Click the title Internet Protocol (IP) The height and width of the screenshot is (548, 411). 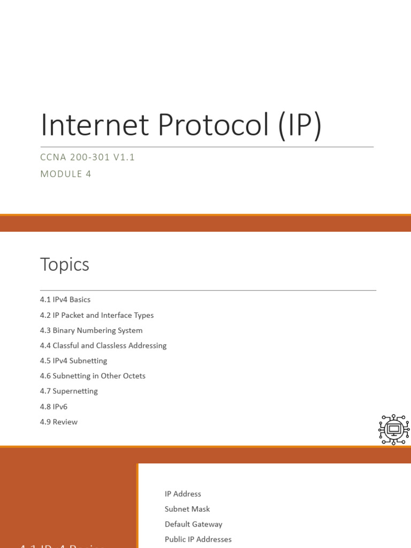coord(181,125)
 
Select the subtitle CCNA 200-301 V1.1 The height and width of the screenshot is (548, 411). coord(88,157)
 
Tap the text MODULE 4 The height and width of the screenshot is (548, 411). coord(66,174)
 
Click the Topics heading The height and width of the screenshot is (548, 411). coord(65,264)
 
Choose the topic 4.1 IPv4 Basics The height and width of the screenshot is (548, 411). coord(65,300)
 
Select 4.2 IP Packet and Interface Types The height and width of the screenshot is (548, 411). coord(97,315)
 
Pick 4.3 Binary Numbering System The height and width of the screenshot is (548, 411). coord(91,330)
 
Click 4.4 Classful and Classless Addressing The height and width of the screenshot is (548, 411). coord(103,346)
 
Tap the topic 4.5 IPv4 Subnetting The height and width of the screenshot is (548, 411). coord(73,361)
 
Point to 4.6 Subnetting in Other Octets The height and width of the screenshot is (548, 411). coord(93,376)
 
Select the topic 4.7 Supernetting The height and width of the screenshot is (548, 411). coord(69,391)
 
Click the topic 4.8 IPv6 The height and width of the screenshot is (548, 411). coord(54,407)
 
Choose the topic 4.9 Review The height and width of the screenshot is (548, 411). coord(59,422)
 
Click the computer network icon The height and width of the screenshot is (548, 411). coord(394,429)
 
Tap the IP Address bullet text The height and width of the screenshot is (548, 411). coord(183,494)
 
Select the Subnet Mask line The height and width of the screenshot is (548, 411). coord(187,509)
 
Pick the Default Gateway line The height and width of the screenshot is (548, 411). coord(193,524)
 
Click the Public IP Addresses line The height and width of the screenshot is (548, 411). coord(198,539)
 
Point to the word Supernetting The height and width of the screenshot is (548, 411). coord(75,391)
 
